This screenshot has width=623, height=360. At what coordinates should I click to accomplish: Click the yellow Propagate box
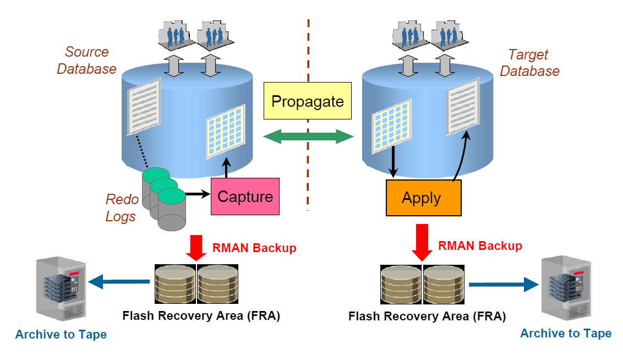[x=307, y=101]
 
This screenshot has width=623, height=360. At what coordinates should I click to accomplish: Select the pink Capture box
[x=245, y=197]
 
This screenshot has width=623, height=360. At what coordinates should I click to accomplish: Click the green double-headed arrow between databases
[x=308, y=137]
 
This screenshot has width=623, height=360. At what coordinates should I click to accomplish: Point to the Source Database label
[x=86, y=61]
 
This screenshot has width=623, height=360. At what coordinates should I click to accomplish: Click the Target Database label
[x=529, y=63]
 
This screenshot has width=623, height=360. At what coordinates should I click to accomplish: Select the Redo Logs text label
[x=121, y=208]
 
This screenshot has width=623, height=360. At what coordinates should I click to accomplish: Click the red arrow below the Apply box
[x=423, y=242]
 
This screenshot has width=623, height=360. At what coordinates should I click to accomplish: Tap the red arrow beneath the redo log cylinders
[x=196, y=247]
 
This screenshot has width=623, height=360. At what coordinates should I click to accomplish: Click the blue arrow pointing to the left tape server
[x=118, y=282]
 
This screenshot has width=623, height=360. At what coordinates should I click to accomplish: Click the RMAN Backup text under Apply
[x=480, y=246]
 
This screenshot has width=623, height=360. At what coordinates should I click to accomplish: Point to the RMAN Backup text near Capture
[x=254, y=248]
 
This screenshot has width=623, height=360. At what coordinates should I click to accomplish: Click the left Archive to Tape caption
[x=61, y=334]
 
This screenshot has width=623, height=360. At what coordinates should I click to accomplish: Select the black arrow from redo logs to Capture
[x=199, y=194]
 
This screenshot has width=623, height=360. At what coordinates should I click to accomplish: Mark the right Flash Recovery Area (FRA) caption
[x=427, y=317]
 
